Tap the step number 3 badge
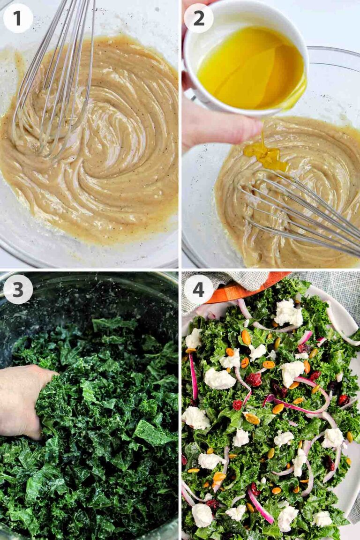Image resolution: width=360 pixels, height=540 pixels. (x=18, y=289)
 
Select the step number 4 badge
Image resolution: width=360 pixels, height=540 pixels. (x=198, y=289)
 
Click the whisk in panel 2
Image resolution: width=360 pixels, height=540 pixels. (x=300, y=211)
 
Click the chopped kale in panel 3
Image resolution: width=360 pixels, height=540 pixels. (x=108, y=422)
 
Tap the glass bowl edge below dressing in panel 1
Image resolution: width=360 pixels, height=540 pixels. (x=94, y=255)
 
